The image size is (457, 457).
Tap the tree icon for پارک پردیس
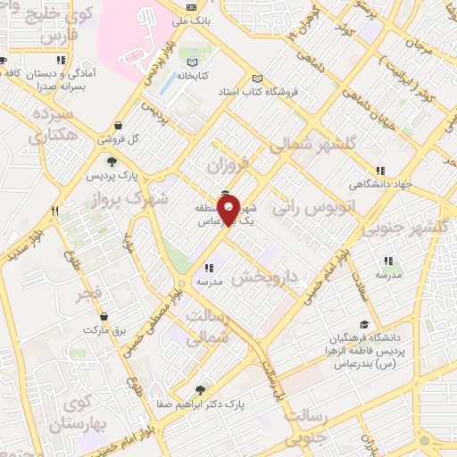111,162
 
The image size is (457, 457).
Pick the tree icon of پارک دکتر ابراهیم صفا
199,389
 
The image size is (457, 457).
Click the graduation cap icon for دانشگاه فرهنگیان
362,325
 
